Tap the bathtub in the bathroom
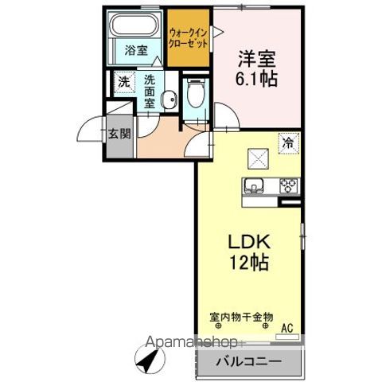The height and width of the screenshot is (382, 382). coord(136,26)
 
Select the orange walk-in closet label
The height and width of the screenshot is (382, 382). coord(189,38)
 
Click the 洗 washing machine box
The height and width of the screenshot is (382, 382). coord(124,81)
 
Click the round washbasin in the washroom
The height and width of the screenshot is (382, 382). coord(168,99)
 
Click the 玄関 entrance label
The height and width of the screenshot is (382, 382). coord(119,133)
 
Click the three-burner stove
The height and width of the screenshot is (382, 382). coord(286,187)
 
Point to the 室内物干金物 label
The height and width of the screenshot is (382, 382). coord(242,318)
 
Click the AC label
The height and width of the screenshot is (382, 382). coord(286,325)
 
